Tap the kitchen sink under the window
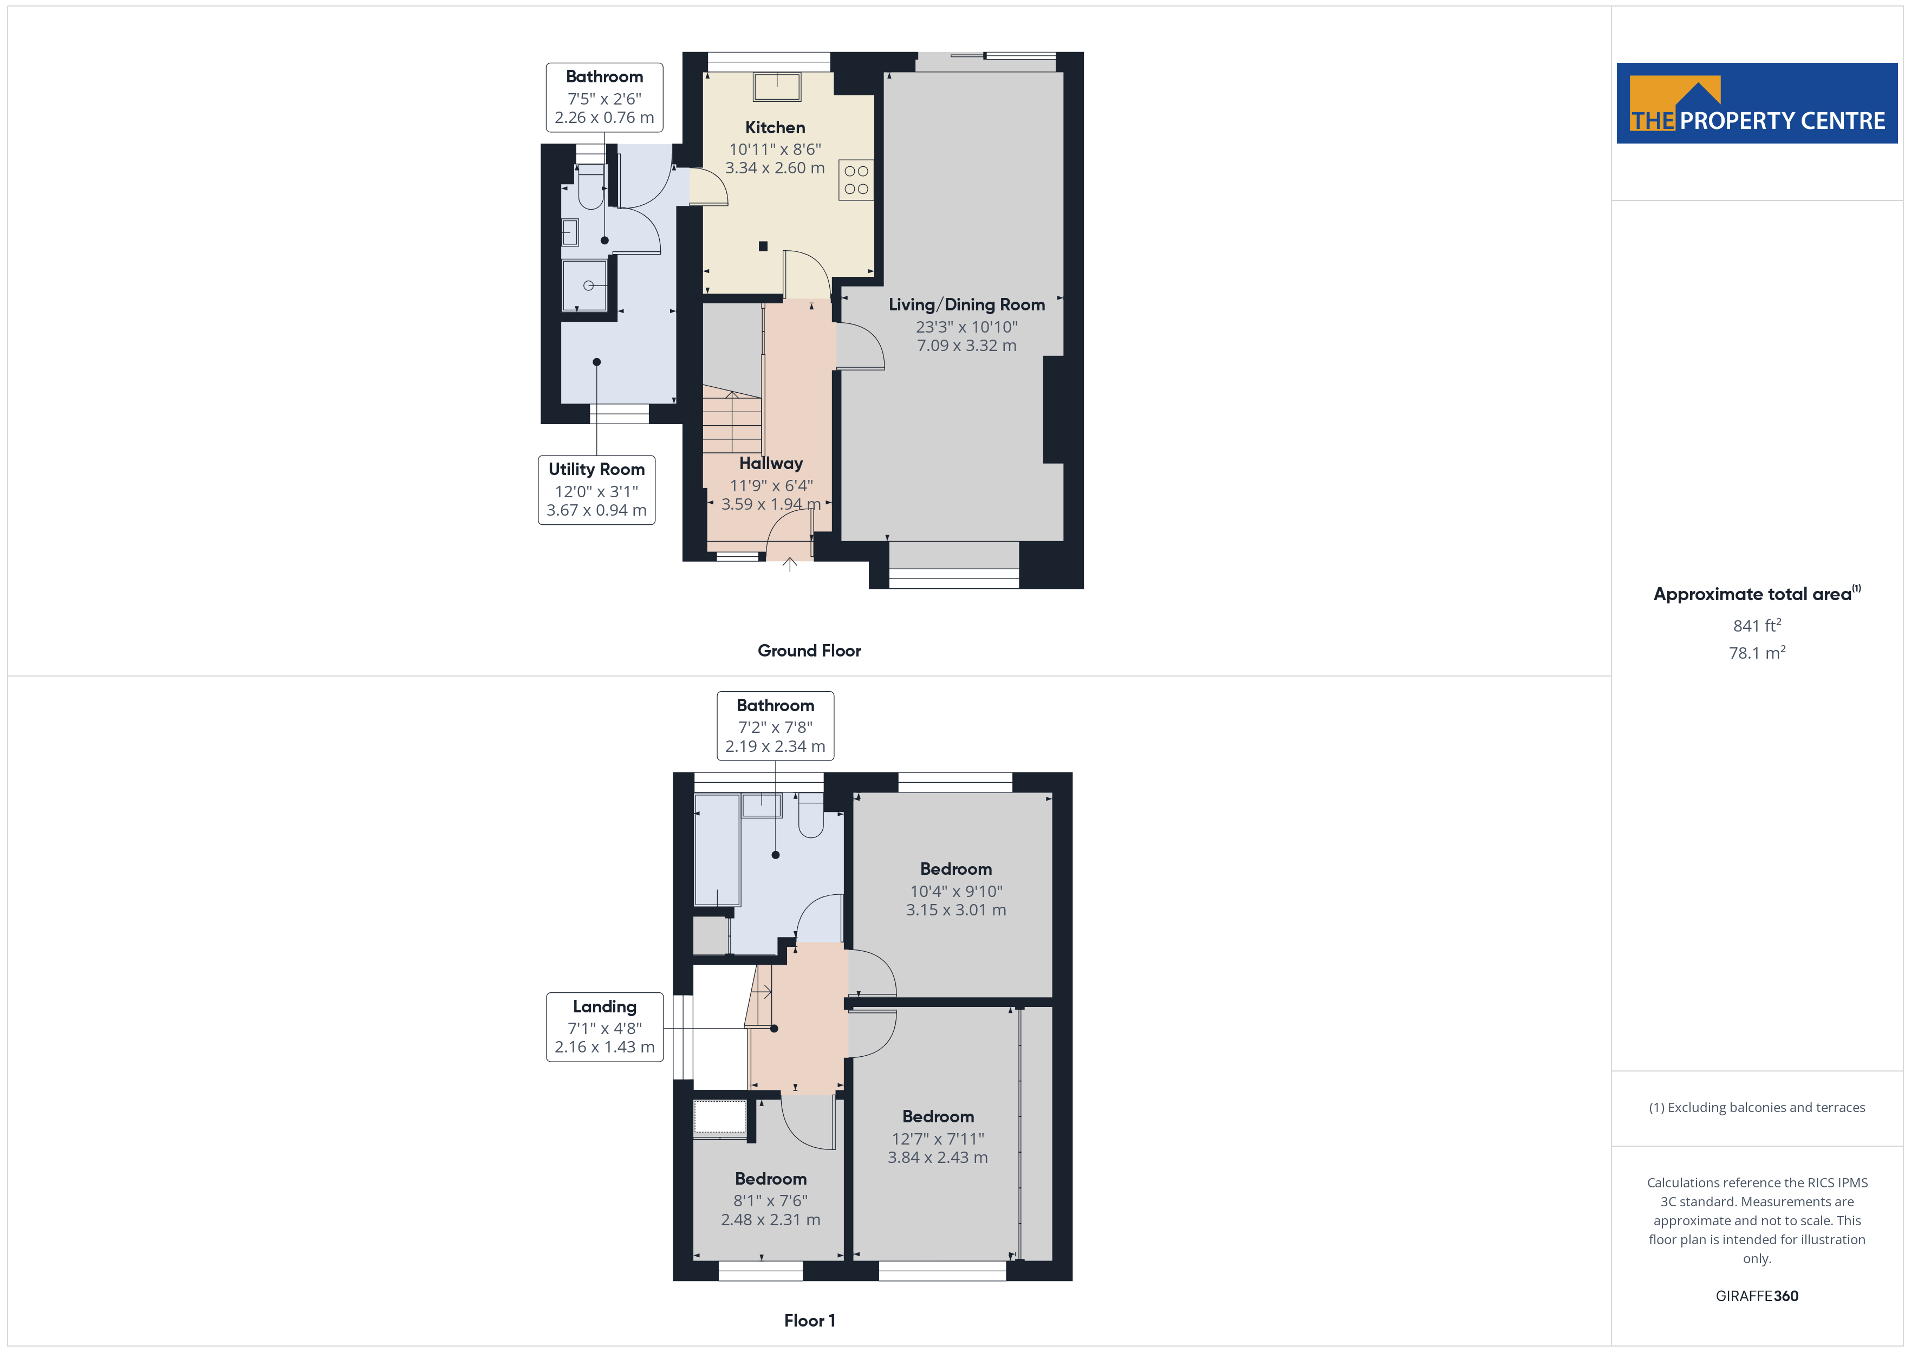click(x=777, y=87)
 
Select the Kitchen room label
click(x=775, y=127)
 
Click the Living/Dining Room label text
click(x=966, y=305)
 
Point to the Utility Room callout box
click(x=597, y=490)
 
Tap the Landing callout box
click(x=604, y=1026)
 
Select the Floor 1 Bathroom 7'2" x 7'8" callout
click(x=775, y=725)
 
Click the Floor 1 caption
click(x=809, y=1321)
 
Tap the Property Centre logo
click(x=1756, y=103)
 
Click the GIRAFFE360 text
click(x=1756, y=1295)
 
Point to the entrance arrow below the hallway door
click(x=790, y=564)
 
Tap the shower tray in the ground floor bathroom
click(x=584, y=285)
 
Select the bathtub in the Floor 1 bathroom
click(x=717, y=850)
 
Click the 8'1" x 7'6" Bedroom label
click(x=771, y=1199)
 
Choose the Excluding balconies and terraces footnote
click(x=1756, y=1107)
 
